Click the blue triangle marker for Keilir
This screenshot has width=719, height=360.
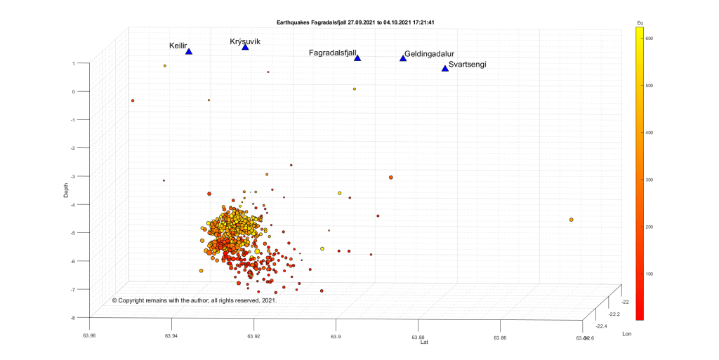[x=189, y=51]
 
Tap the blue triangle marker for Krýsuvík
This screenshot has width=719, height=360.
[x=245, y=47]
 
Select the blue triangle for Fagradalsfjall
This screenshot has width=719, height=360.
[x=357, y=58]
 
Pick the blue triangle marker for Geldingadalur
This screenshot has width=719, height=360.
[x=403, y=58]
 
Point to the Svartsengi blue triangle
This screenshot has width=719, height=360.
[x=444, y=68]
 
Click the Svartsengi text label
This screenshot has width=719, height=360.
[x=467, y=65]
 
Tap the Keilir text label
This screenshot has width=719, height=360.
[x=178, y=46]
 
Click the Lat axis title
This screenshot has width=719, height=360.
[x=424, y=342]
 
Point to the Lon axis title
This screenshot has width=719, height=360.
[x=627, y=334]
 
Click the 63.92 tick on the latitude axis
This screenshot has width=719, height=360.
[x=254, y=335]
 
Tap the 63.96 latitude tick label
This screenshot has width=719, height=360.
[x=90, y=335]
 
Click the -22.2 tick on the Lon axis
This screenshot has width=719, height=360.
[x=613, y=314]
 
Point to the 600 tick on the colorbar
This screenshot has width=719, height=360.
[x=649, y=39]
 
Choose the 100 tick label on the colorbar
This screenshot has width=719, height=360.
[x=649, y=273]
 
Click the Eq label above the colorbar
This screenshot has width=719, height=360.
[x=640, y=23]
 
